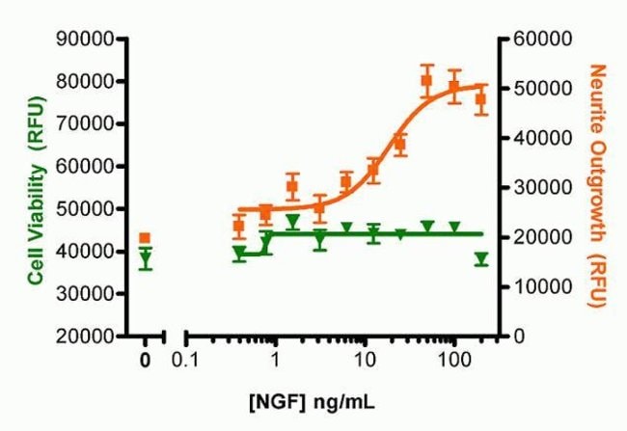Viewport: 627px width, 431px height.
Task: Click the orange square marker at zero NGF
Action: point(145,238)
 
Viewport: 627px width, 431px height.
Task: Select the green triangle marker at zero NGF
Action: point(145,258)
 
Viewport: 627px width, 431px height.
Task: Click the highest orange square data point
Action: point(426,80)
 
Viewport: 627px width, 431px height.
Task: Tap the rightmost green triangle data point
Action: point(480,258)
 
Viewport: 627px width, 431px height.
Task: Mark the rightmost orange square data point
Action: point(480,98)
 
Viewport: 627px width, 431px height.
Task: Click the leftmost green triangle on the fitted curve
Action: point(239,254)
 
